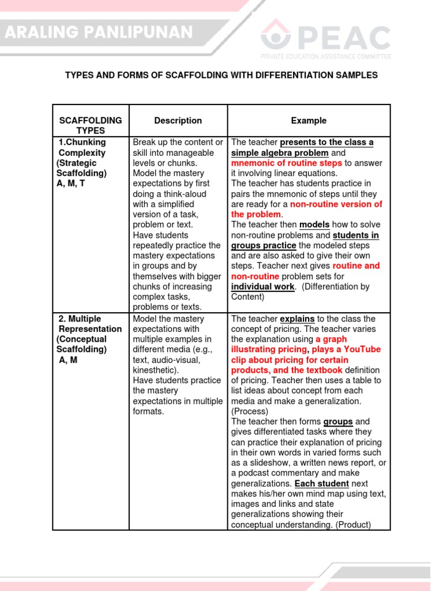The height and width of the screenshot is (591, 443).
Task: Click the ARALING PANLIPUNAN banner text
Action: (99, 33)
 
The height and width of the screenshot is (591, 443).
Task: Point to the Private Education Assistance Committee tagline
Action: (325, 57)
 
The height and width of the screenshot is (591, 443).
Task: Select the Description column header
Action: (178, 121)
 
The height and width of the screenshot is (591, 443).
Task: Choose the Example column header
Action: (309, 121)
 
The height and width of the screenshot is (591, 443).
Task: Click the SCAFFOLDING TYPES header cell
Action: (91, 125)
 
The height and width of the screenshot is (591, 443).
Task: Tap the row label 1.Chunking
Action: (82, 142)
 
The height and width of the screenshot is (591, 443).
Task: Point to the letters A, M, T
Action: (70, 184)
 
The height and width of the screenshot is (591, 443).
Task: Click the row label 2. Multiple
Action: (80, 319)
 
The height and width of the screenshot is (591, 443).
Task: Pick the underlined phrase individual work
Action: (263, 286)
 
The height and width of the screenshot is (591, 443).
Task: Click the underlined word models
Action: (314, 225)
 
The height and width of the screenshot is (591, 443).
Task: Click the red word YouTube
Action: (362, 349)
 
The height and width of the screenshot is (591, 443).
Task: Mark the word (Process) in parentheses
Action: (250, 411)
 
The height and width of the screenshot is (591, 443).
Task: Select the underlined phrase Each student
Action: (321, 483)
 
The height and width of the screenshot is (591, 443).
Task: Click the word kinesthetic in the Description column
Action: (155, 369)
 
